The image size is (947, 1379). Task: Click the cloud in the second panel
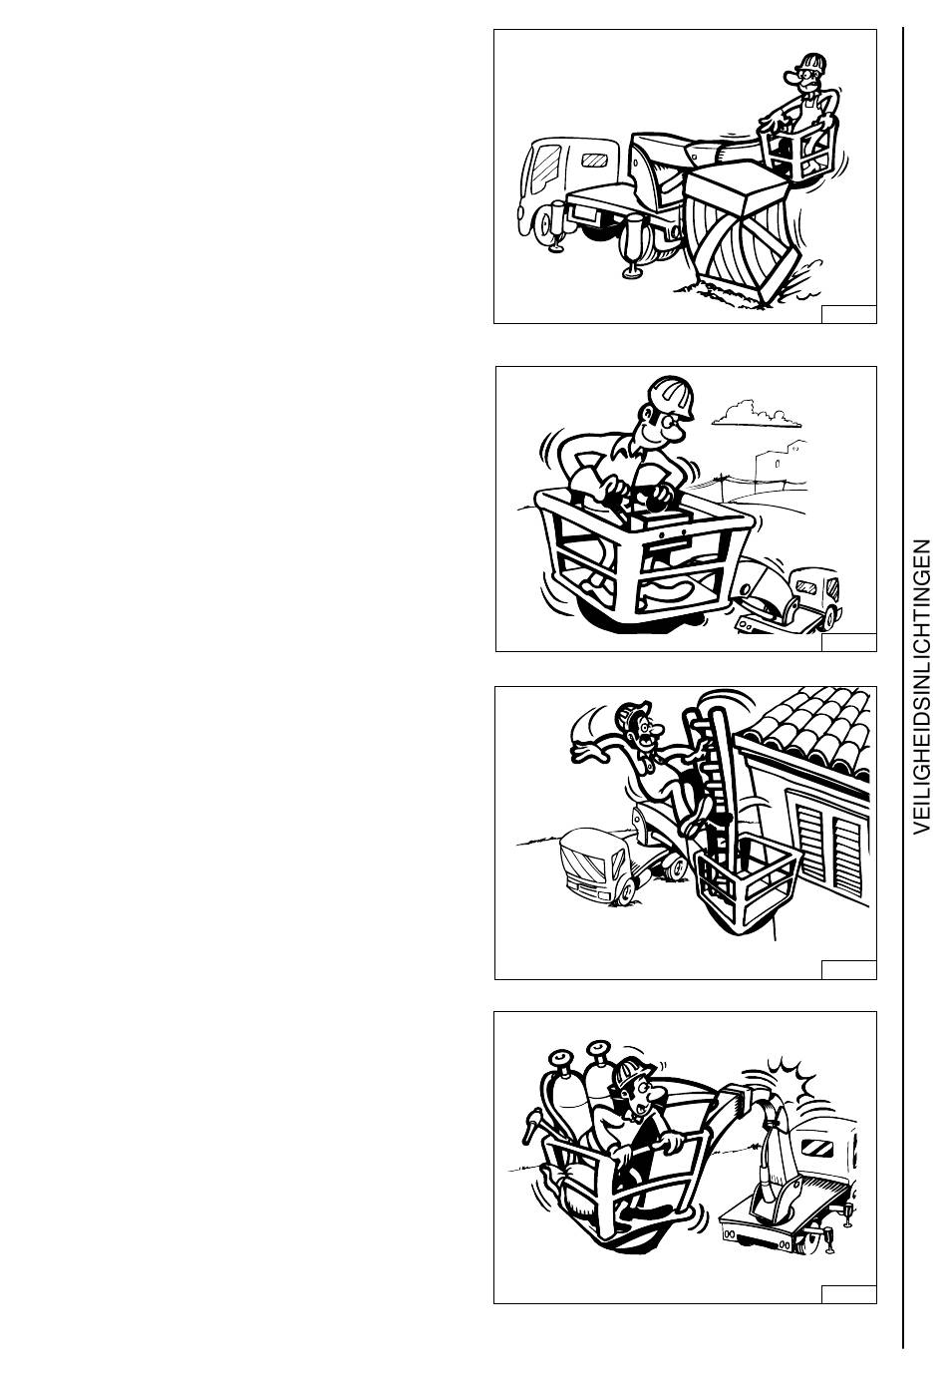coord(757,414)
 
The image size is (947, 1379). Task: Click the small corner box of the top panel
coord(849,314)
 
